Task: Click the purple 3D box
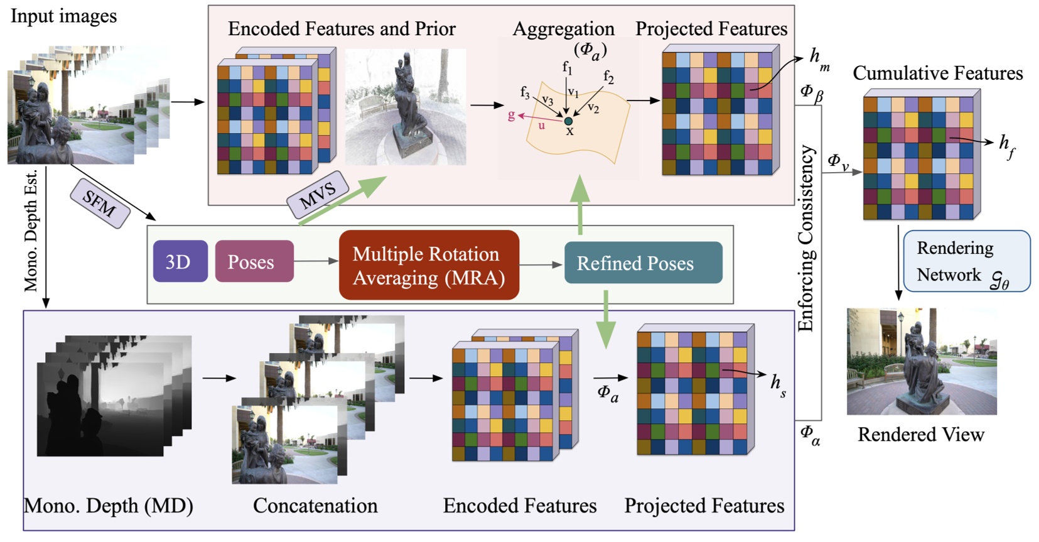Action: point(180,261)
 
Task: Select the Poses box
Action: point(254,261)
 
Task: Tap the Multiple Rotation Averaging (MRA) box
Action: point(429,265)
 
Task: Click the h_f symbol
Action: point(1006,145)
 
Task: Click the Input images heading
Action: point(63,16)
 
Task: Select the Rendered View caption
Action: point(920,435)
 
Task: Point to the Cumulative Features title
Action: point(937,73)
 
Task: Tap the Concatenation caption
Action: point(315,506)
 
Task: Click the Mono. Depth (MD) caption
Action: point(108,506)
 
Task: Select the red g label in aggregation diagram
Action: point(511,115)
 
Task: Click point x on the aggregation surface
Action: point(568,121)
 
